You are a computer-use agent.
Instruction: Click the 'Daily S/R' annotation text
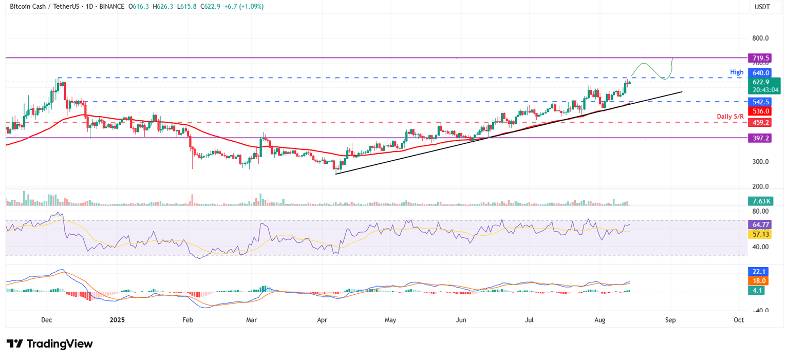[x=730, y=117]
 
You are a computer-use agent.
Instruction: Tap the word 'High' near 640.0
[x=736, y=72]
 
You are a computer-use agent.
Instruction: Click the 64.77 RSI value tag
[x=761, y=224]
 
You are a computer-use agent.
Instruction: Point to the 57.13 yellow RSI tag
[x=761, y=234]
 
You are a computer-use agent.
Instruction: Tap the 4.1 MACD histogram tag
[x=757, y=290]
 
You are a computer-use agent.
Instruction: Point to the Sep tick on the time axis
[x=670, y=319]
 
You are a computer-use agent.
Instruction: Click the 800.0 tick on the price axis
[x=760, y=38]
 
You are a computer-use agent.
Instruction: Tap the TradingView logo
[x=49, y=344]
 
